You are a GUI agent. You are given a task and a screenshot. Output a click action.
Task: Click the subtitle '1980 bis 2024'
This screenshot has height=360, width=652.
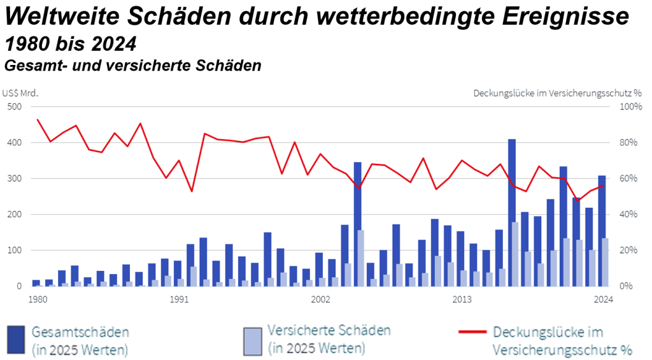[70, 44]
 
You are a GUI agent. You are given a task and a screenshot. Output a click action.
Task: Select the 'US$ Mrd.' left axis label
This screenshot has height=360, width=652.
[20, 92]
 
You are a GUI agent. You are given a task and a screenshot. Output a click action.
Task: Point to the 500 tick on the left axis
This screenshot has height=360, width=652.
[14, 106]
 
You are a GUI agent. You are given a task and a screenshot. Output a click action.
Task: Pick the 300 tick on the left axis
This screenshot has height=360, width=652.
[14, 178]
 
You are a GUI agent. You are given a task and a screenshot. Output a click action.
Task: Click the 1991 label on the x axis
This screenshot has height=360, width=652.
[178, 298]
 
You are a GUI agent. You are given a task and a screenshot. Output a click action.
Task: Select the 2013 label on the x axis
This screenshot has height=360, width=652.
[462, 298]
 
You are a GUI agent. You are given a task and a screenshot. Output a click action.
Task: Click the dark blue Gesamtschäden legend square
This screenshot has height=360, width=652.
[17, 340]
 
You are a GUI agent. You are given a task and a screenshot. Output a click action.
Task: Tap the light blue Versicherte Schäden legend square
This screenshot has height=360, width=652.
[253, 340]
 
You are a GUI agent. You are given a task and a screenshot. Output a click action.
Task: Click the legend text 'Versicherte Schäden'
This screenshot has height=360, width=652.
[329, 331]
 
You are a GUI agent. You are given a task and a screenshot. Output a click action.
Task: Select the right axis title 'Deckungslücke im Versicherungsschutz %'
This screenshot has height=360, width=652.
[557, 92]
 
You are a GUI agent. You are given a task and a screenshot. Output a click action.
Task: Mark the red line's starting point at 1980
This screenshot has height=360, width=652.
[38, 120]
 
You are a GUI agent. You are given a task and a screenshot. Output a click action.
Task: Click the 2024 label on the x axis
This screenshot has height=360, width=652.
[602, 298]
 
